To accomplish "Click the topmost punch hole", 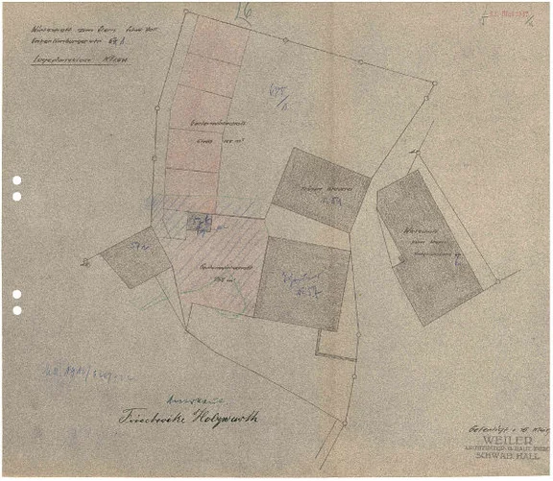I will pos(16,180).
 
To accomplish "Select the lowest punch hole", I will pos(16,310).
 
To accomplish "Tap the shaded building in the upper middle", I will pos(321,189).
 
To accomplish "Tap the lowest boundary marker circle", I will pos(343,422).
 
